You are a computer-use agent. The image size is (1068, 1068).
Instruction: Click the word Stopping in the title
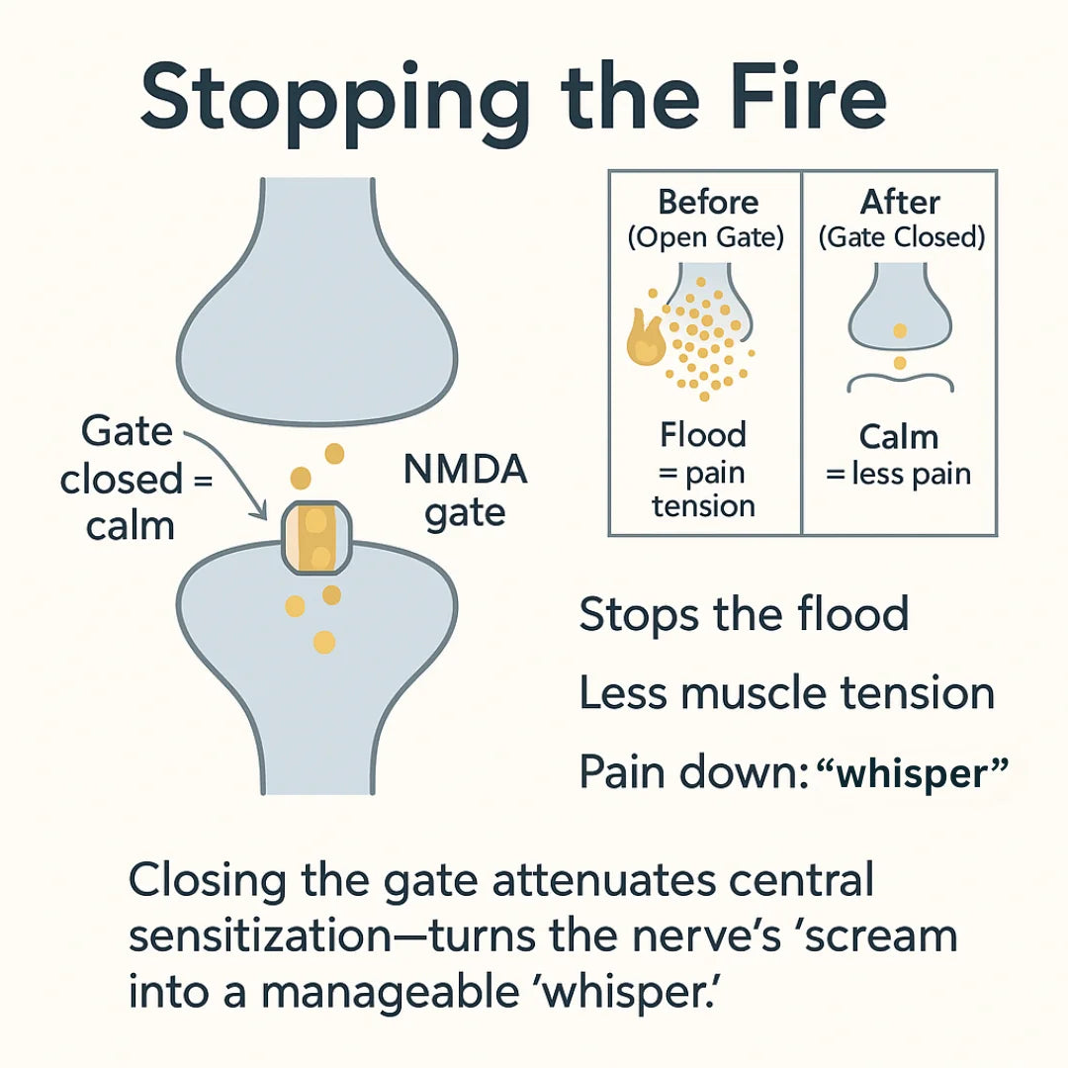(334, 103)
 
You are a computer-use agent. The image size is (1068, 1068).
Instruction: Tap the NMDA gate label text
(465, 491)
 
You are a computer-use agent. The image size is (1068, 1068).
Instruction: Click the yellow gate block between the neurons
(316, 537)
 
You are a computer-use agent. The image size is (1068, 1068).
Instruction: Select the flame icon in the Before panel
(645, 337)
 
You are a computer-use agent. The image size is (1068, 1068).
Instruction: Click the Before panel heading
(708, 203)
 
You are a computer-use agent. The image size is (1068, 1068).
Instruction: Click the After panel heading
(900, 203)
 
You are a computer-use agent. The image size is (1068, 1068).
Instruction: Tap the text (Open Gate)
(706, 237)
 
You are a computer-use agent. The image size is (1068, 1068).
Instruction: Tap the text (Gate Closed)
(901, 237)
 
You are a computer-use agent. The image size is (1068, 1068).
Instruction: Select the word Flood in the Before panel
(703, 434)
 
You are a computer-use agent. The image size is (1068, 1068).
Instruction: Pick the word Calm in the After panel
(898, 437)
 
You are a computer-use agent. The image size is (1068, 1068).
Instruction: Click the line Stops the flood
(744, 614)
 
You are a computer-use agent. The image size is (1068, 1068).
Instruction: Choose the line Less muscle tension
(787, 692)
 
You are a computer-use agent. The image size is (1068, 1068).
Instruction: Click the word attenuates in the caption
(604, 880)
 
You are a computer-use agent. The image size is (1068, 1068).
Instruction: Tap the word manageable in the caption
(391, 994)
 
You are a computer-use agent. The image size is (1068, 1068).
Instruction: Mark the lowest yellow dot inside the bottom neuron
(324, 643)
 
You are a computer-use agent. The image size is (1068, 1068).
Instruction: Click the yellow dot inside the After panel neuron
(900, 331)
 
